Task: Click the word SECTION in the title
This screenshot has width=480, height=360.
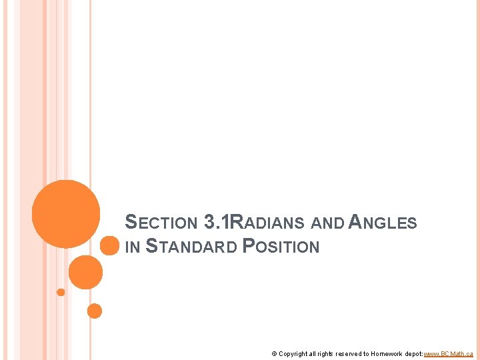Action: pos(161,223)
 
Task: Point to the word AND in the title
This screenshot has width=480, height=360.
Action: pos(329,223)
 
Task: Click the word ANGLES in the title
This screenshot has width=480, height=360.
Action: pos(383,223)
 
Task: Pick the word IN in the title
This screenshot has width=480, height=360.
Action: pos(132,247)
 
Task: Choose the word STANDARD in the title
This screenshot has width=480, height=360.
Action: pos(191,247)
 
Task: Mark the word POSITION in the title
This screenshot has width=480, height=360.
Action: pos(281,247)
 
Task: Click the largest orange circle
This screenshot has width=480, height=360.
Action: pos(66,213)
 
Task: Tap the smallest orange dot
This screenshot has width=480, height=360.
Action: pos(61,292)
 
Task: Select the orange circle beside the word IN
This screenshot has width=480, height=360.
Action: pos(109,246)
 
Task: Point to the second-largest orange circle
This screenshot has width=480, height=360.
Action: pos(85,272)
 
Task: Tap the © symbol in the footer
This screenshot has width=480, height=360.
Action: pos(274,353)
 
